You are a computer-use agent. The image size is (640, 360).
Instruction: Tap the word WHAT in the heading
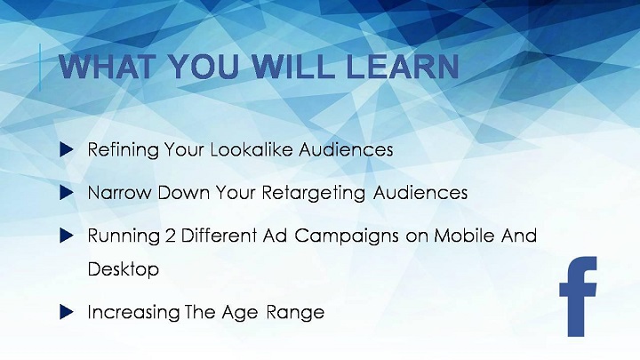(108, 66)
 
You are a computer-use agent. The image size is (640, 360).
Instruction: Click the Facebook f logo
(578, 296)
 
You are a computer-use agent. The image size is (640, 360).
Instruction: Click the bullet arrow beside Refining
(66, 149)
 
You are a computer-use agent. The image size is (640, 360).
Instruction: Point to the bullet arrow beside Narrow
(66, 193)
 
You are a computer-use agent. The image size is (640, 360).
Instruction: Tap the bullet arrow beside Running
(66, 236)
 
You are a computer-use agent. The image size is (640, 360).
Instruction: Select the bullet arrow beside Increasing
(66, 312)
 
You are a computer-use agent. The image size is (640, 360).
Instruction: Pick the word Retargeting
(314, 194)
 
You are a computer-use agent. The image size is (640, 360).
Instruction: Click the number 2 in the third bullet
(171, 236)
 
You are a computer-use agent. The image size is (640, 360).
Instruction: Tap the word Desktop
(124, 270)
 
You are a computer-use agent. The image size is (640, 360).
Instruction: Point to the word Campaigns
(347, 236)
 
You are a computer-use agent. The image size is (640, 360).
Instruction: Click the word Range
(295, 313)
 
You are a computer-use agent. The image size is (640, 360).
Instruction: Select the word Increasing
(133, 313)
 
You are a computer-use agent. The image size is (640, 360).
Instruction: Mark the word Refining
(124, 150)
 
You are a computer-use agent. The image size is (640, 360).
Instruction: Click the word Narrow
(119, 193)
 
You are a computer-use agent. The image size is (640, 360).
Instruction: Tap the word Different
(219, 236)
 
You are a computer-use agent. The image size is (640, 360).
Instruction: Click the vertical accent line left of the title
(40, 68)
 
